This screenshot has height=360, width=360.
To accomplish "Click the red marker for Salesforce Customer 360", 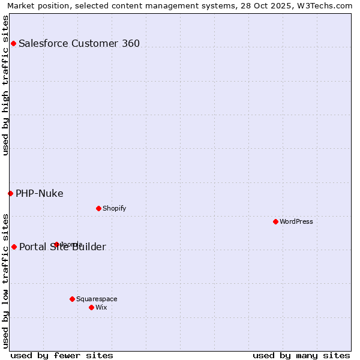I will [x=13, y=43].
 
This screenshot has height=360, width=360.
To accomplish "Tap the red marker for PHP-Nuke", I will [x=10, y=193].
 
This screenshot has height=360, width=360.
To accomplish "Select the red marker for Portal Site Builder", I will [x=14, y=247].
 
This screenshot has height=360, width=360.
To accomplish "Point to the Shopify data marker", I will [x=98, y=208].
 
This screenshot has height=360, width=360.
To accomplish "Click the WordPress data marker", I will [x=275, y=221].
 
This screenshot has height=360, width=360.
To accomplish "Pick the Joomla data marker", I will [x=56, y=244].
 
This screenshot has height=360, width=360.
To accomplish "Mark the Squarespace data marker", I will [x=72, y=299].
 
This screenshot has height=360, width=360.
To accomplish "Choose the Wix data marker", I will [x=91, y=307].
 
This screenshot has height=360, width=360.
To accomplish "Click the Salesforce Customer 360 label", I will [x=79, y=43].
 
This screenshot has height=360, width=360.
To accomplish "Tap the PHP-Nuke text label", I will [x=40, y=193].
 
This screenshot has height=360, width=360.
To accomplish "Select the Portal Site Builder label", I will [x=62, y=247].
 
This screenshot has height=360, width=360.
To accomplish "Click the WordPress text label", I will [x=296, y=221].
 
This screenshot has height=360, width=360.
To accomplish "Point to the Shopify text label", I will [x=115, y=208].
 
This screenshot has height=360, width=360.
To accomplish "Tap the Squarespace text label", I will [x=97, y=299].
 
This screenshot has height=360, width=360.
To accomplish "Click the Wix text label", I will [x=101, y=307].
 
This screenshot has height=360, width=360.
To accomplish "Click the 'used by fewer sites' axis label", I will [x=62, y=355].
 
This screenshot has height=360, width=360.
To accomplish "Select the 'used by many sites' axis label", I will [x=301, y=355].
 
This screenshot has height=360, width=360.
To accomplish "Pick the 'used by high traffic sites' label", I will [x=6, y=85].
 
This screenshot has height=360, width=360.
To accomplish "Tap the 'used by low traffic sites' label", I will [x=6, y=280].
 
